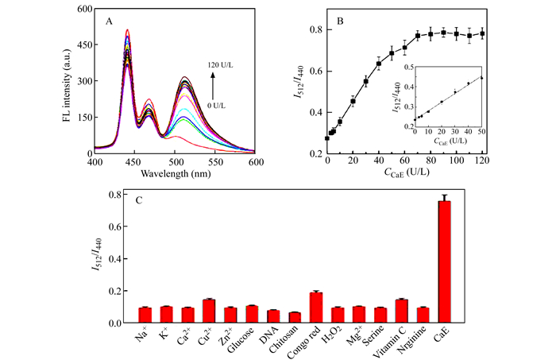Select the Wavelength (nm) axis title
tap(175, 172)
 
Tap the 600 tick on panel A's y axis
tap(83, 10)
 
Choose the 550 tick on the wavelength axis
tap(215, 161)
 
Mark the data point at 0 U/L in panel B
tap(327, 137)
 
